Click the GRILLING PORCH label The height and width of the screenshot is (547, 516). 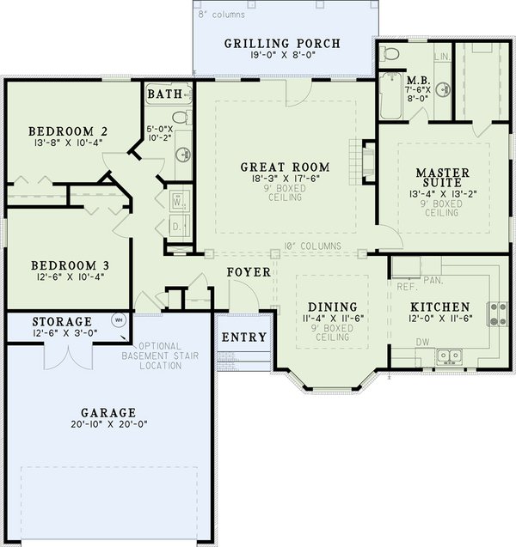(x=282, y=44)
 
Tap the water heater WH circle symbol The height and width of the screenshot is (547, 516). (x=120, y=320)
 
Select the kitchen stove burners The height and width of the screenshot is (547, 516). (x=498, y=314)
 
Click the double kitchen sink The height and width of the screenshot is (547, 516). (x=449, y=356)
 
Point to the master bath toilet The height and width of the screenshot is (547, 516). (x=390, y=54)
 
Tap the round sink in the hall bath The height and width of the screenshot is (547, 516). (x=183, y=154)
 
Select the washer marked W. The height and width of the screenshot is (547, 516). (x=178, y=201)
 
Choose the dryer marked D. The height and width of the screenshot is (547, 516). (x=178, y=227)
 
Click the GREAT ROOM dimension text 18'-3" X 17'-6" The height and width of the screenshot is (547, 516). (x=286, y=179)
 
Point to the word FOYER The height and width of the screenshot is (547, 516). (x=249, y=272)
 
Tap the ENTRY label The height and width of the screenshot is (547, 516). (x=244, y=337)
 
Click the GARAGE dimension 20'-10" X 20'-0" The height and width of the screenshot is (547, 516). (x=108, y=424)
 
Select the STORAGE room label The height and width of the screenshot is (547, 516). (x=62, y=321)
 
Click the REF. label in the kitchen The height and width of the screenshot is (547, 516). (x=408, y=288)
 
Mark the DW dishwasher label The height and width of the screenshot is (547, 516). (x=423, y=343)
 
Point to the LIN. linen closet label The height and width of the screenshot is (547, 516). (x=443, y=57)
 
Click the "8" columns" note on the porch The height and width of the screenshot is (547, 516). (x=222, y=15)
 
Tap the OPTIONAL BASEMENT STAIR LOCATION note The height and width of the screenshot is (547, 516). (x=160, y=356)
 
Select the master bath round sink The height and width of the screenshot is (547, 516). (x=443, y=89)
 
